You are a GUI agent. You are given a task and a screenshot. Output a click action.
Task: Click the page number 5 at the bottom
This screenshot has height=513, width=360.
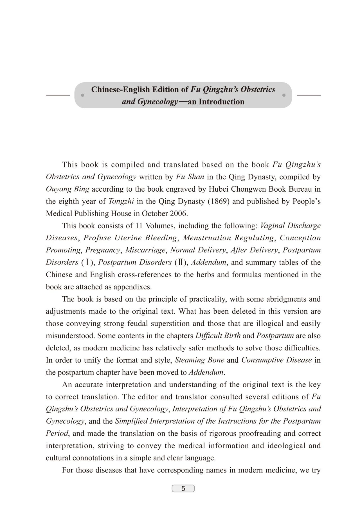pos(183,489)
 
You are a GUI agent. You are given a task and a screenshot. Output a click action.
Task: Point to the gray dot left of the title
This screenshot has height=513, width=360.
pos(82,95)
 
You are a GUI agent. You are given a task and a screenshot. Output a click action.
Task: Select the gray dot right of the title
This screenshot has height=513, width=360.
pos(284,95)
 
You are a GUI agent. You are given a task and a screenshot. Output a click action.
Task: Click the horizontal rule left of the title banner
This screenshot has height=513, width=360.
pos(58,95)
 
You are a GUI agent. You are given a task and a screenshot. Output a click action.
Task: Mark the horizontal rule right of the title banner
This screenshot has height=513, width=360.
pos(309,95)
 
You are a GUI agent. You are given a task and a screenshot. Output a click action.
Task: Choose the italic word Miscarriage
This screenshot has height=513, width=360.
pos(145,250)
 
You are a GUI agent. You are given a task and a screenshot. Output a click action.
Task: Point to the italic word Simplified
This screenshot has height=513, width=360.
pos(131,421)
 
